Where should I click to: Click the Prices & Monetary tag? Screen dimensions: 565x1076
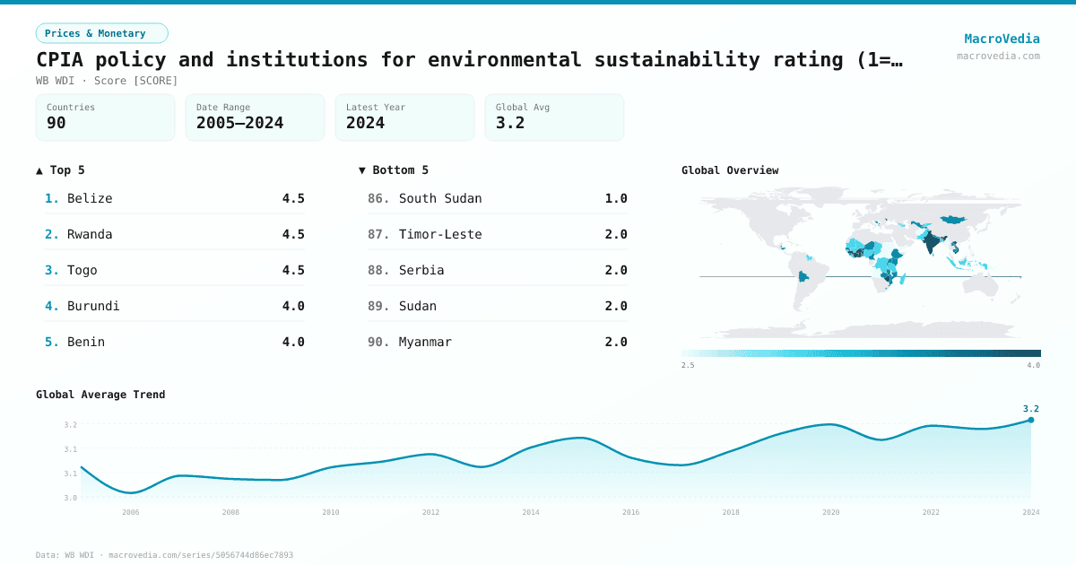tap(101, 33)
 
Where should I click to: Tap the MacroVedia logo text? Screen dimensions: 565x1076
tap(1002, 39)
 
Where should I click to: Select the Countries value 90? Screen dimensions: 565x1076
tap(56, 123)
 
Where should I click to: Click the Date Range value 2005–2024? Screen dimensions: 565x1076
tap(239, 123)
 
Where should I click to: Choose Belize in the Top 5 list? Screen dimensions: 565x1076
tap(90, 198)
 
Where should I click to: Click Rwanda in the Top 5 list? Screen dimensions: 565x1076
tap(90, 234)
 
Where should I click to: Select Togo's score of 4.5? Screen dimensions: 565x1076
tap(293, 270)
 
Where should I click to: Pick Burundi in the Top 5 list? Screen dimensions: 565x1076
tap(93, 306)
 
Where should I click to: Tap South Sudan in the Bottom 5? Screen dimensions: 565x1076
tap(440, 198)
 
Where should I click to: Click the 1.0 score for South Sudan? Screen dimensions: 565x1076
tap(616, 198)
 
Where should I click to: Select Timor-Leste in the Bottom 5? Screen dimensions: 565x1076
tap(440, 234)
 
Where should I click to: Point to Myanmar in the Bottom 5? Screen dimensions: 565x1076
tap(425, 342)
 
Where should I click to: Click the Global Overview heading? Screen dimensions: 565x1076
tap(730, 170)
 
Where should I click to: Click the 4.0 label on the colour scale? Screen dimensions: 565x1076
tap(1033, 365)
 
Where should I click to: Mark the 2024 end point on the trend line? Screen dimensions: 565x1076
tap(1031, 420)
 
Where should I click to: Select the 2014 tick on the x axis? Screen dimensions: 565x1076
tap(531, 512)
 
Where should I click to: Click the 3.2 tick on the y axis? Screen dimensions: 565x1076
tap(70, 425)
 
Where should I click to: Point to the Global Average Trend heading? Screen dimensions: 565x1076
tap(100, 395)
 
